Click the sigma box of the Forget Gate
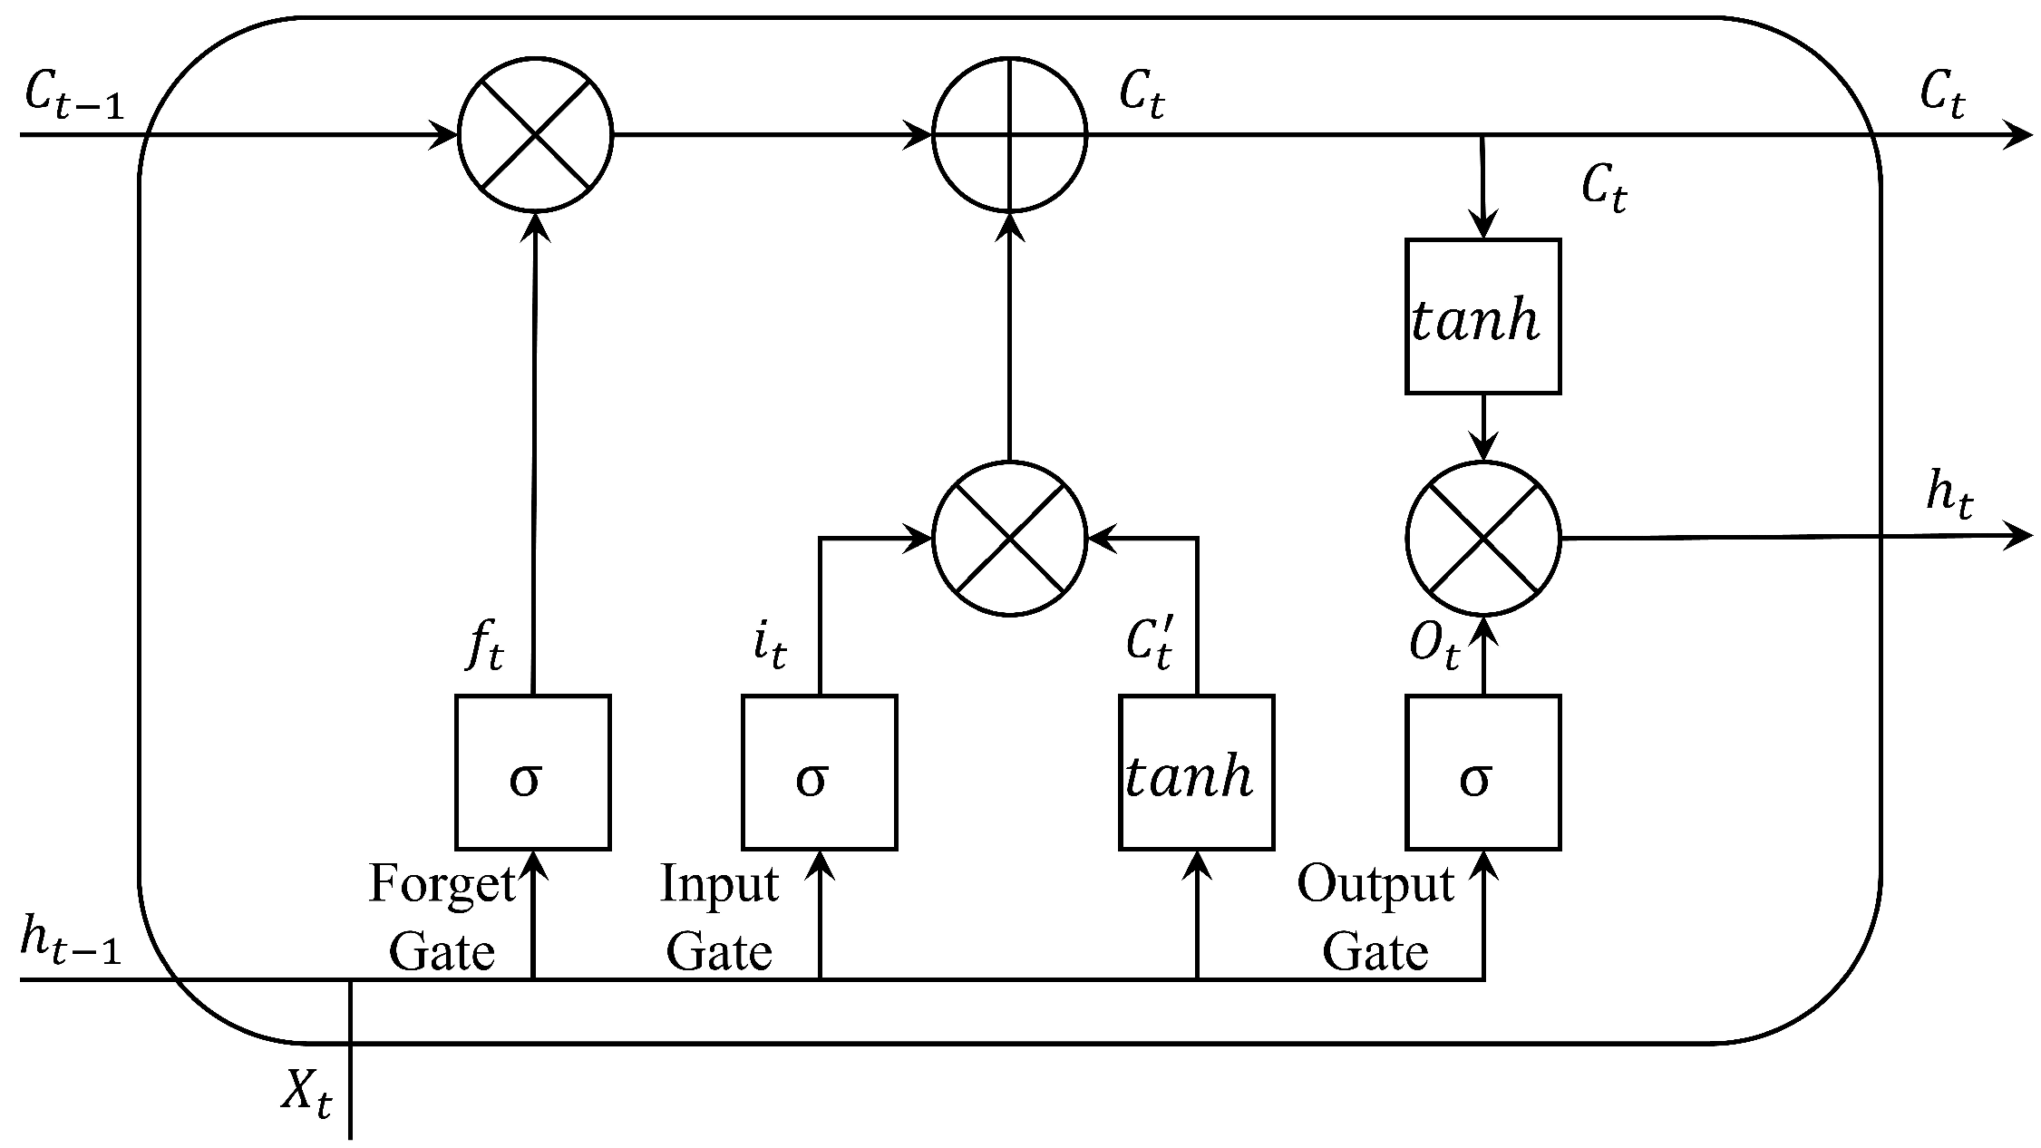(532, 772)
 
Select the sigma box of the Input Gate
(819, 772)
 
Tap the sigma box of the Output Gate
(1482, 772)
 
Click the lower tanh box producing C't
(1196, 772)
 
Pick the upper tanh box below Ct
(1482, 316)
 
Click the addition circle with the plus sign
(1009, 135)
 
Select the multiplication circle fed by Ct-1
(536, 135)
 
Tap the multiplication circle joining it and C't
(1009, 539)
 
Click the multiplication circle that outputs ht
(1482, 539)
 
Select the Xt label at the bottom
(306, 1094)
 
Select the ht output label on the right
(1949, 497)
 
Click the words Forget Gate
(442, 918)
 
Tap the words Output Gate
(1375, 918)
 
